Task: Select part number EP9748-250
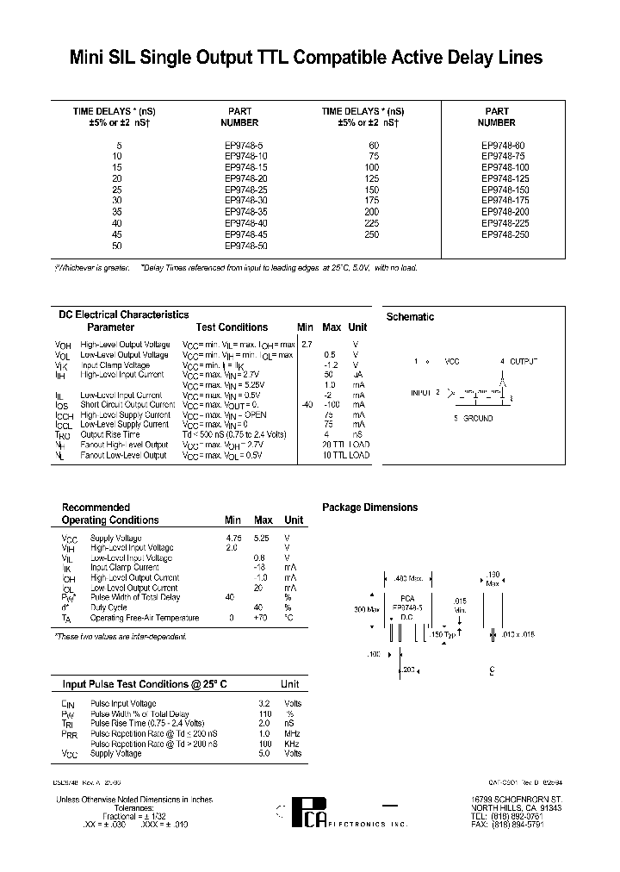coord(505,234)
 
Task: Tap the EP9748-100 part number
coord(505,167)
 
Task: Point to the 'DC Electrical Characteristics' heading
coord(123,315)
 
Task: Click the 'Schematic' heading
coord(410,317)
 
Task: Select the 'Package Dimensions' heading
coord(369,508)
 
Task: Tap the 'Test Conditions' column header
coord(232,327)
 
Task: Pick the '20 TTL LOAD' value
coord(345,445)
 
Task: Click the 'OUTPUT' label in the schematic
coord(522,360)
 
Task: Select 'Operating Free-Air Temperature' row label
coord(145,618)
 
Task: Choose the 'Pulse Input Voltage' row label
coord(123,704)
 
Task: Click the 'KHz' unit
coord(293,743)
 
